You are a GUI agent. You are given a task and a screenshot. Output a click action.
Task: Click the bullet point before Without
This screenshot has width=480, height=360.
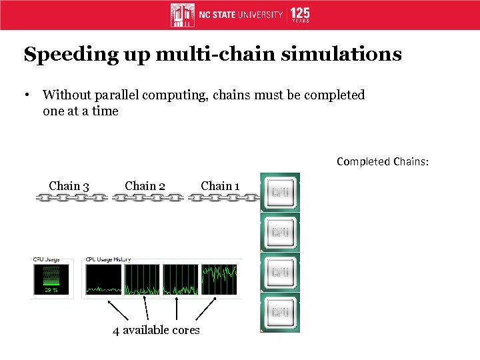tap(28, 95)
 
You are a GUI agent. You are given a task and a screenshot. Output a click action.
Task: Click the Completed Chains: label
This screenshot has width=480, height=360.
tap(382, 161)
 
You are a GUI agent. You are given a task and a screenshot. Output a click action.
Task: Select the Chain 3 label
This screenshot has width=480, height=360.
tap(69, 186)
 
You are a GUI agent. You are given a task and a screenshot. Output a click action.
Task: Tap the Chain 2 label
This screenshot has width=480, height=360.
tap(145, 186)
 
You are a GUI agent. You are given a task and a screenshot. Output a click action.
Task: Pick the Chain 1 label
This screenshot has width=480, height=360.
tap(221, 186)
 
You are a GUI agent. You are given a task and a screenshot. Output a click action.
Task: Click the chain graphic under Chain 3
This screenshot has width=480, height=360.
tap(71, 198)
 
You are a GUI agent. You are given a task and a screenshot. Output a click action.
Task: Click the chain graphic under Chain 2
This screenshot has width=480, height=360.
tap(147, 198)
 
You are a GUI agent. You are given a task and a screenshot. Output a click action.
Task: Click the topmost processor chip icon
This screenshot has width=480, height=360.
tap(279, 193)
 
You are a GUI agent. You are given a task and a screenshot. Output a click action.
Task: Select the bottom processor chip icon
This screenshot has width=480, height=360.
tap(279, 312)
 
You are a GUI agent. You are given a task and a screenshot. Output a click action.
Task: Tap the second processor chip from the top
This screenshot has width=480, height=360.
tap(279, 233)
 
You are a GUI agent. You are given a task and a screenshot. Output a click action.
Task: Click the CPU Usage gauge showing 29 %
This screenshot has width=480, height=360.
tap(50, 278)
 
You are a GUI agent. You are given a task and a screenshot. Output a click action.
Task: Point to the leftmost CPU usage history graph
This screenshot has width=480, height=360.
tap(103, 279)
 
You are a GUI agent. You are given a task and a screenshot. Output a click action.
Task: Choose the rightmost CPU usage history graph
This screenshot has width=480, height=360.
tap(220, 279)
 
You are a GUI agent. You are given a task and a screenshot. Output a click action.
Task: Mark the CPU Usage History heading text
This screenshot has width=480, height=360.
tap(108, 259)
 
